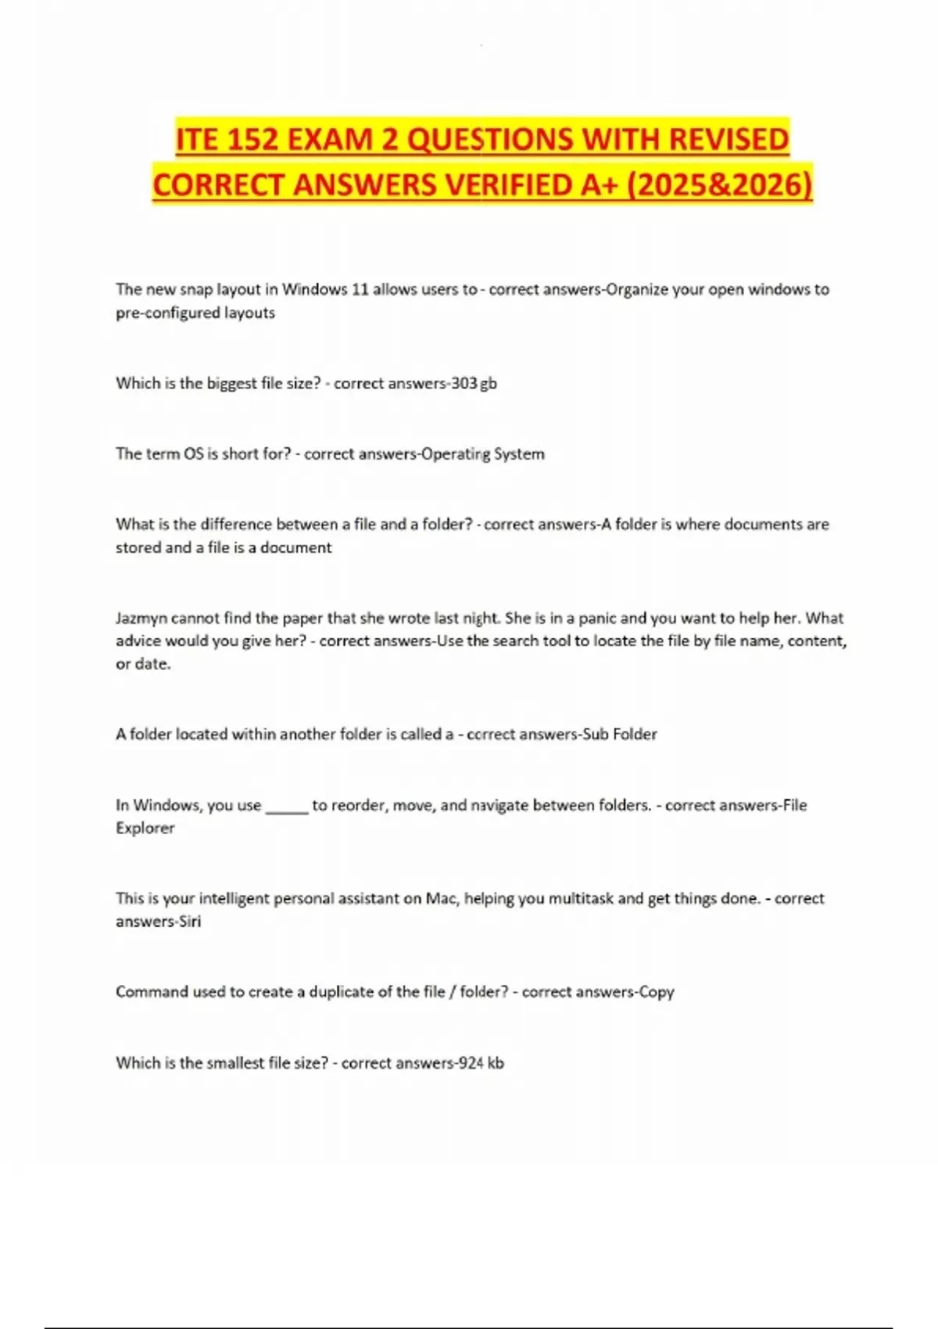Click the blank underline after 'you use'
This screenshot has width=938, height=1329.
click(287, 806)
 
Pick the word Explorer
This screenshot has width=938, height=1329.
click(145, 828)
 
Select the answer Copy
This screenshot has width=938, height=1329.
click(656, 991)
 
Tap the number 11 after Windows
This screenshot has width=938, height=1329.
click(360, 289)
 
